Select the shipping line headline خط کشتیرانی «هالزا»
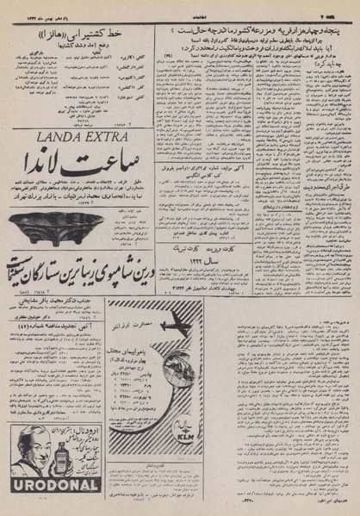click(x=77, y=34)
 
